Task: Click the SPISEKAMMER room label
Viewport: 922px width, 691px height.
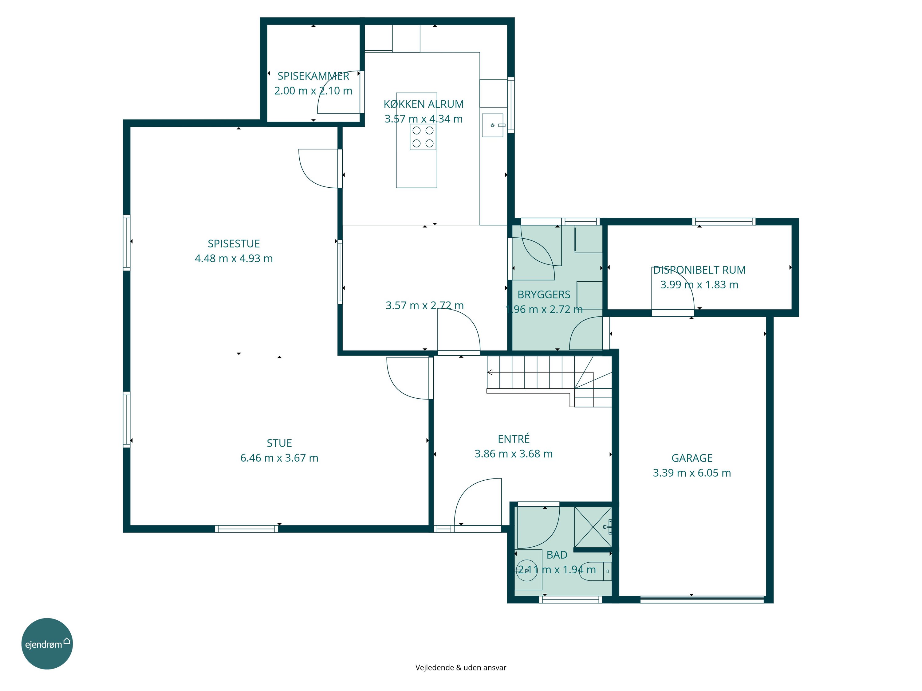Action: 313,76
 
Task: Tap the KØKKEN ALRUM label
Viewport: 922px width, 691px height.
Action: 424,104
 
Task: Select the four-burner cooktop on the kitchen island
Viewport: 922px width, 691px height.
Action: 423,137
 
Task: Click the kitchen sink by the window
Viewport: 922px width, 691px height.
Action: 493,125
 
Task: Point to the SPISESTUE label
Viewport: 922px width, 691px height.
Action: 234,244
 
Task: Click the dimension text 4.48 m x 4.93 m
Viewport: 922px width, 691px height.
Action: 234,259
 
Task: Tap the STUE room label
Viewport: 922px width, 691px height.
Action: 279,443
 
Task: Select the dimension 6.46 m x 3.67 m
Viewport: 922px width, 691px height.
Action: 279,458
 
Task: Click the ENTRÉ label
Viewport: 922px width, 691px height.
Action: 514,439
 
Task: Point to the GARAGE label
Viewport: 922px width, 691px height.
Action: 692,458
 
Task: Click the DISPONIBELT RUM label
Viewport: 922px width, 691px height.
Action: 699,270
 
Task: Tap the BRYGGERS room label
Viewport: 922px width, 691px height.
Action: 544,295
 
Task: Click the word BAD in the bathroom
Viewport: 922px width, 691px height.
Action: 557,555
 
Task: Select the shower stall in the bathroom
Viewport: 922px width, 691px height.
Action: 593,527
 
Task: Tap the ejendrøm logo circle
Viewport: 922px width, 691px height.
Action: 47,643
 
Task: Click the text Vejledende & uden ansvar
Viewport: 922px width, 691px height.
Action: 461,668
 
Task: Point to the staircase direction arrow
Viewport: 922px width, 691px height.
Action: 490,372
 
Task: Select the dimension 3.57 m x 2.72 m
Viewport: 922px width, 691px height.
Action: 425,306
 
